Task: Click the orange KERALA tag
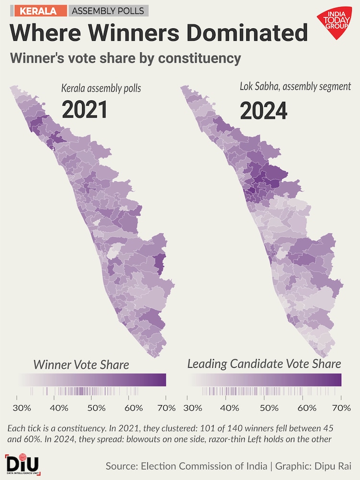[x=37, y=11]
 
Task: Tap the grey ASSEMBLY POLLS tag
[x=108, y=11]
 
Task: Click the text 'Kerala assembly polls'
[x=101, y=88]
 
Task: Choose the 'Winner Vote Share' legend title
[x=81, y=365]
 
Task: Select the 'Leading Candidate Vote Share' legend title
[x=264, y=364]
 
